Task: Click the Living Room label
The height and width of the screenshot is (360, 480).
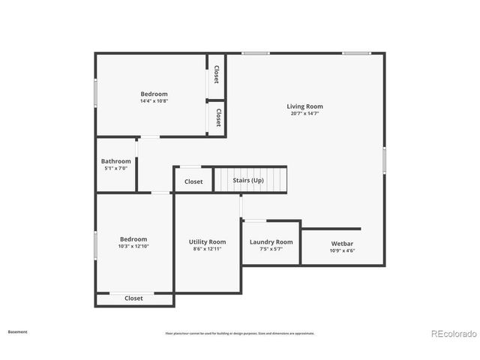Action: click(x=304, y=106)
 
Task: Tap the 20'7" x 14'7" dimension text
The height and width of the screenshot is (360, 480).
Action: click(x=304, y=114)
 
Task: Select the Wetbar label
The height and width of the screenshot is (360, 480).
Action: click(x=342, y=243)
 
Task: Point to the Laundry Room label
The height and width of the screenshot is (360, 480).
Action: click(x=271, y=242)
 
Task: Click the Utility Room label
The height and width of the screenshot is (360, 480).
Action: click(x=207, y=242)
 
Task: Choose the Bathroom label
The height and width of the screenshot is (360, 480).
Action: click(x=116, y=161)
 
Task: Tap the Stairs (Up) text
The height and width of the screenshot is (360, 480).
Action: click(x=248, y=181)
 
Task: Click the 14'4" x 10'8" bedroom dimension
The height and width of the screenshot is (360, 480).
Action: click(x=154, y=101)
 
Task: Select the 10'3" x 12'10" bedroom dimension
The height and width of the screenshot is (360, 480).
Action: click(x=133, y=246)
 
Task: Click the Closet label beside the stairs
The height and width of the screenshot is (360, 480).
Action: click(x=193, y=181)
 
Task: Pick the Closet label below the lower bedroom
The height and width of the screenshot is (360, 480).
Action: click(x=133, y=298)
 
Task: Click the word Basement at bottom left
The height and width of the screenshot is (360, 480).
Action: click(x=17, y=331)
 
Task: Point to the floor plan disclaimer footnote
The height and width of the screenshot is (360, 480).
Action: click(x=240, y=333)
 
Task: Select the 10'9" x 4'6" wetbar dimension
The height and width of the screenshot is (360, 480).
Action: click(x=342, y=250)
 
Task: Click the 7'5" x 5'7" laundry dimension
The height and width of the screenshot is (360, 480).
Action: click(x=271, y=250)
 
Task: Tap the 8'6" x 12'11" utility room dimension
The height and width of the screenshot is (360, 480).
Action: click(x=207, y=250)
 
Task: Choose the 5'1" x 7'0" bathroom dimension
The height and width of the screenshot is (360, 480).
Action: click(x=116, y=169)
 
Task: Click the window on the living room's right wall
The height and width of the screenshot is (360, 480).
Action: click(x=384, y=160)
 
